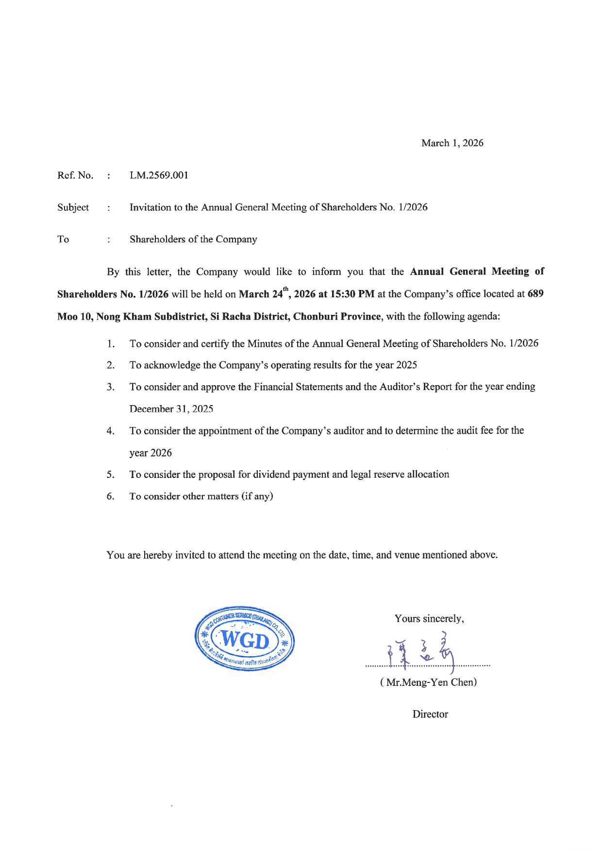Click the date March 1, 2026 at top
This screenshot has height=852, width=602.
452,143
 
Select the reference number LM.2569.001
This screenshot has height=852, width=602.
159,175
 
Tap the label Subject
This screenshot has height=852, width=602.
73,207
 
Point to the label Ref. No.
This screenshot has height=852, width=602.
75,175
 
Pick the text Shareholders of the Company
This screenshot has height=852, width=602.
193,239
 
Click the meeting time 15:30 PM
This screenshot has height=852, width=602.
351,294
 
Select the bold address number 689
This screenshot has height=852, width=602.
535,294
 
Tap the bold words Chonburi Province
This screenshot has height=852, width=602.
337,317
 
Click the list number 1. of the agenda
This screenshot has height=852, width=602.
111,344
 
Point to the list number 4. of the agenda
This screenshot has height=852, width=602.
111,431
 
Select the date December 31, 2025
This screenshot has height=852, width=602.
171,409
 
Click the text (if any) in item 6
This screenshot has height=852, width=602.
257,496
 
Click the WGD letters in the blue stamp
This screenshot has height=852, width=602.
245,641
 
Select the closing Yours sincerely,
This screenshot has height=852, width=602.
429,619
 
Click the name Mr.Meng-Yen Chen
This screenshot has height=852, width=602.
429,682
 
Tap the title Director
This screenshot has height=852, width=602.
430,715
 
